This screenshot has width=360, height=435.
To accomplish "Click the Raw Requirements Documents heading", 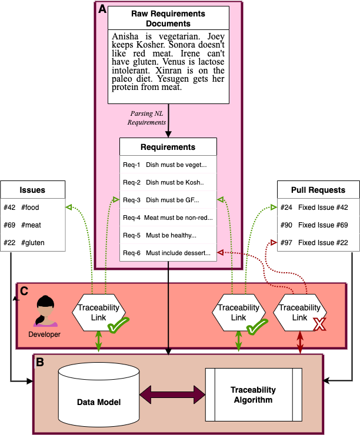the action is coord(168,18).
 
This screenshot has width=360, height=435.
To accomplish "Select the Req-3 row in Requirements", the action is coord(168,200).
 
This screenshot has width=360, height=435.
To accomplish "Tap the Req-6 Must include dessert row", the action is coord(168,253).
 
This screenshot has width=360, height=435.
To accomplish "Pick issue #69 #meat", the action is coord(33,225).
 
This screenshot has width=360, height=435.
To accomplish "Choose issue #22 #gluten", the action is coord(33,242).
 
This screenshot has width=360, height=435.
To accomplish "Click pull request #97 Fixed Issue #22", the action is coord(318,242).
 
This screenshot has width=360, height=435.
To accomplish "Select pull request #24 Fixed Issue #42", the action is coord(318,208).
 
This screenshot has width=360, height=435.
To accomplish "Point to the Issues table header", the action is coord(33,190).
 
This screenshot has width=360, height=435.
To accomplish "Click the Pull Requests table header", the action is coord(318,190).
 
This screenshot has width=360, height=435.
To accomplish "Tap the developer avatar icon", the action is coord(45,311).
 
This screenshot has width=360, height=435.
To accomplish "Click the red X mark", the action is coord(319,324).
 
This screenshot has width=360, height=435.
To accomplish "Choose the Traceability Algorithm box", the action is coord(254,394).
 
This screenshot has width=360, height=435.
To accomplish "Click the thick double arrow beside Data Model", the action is coord(172,394).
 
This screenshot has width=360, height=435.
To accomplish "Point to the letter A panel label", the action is coord(102,9).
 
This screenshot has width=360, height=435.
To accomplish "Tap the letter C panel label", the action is coord(24,291).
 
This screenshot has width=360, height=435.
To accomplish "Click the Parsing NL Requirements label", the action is coord(146,118).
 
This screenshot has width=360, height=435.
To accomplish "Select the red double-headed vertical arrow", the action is coord(300,342).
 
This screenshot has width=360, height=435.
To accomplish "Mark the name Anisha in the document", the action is coord(125,36).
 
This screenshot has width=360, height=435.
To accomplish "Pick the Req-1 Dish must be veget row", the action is coord(168,165).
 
